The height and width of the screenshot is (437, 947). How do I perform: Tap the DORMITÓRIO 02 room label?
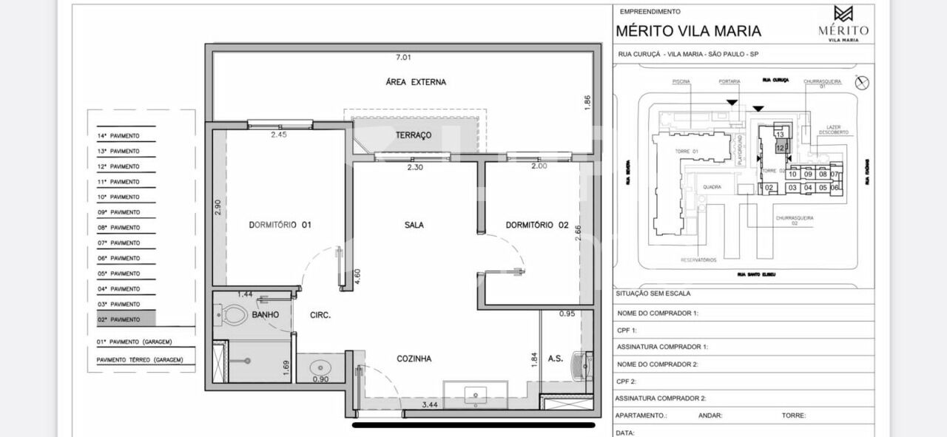click(x=536, y=225)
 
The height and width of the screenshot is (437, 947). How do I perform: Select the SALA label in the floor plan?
click(x=414, y=225)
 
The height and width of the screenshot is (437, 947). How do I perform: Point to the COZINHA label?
click(x=414, y=359)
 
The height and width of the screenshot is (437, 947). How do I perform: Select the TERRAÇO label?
click(x=414, y=135)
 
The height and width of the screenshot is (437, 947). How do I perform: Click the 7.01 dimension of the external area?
click(x=403, y=57)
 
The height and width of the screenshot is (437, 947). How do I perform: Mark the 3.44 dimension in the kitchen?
click(x=429, y=404)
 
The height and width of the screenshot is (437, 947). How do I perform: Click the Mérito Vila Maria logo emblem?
click(x=843, y=14)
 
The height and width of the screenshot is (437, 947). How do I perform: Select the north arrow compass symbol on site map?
click(x=860, y=83)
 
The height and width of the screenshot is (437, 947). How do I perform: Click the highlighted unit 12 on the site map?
click(x=780, y=148)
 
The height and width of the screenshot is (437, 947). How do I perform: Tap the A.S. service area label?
click(x=555, y=359)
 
